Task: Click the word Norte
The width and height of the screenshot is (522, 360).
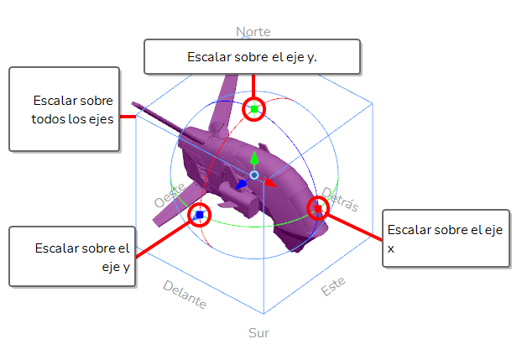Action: click(253, 32)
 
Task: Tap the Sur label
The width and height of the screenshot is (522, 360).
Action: click(258, 333)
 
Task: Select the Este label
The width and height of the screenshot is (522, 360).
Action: click(333, 288)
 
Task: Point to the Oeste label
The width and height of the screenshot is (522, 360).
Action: click(170, 197)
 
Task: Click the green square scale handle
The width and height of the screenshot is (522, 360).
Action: click(255, 109)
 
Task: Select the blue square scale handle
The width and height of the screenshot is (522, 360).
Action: click(199, 216)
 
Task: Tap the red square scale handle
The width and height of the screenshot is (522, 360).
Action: click(318, 208)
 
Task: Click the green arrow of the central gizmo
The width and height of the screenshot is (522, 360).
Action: click(253, 159)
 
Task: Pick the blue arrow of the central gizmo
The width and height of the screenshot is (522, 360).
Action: click(242, 183)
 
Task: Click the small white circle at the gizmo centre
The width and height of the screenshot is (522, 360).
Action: click(254, 175)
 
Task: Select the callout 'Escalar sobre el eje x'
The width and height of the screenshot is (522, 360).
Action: click(445, 239)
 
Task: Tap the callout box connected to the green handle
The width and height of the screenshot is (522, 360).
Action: click(253, 57)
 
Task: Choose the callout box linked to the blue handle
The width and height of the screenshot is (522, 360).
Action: click(72, 256)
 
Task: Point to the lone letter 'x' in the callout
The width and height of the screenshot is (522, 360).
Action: click(392, 249)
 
